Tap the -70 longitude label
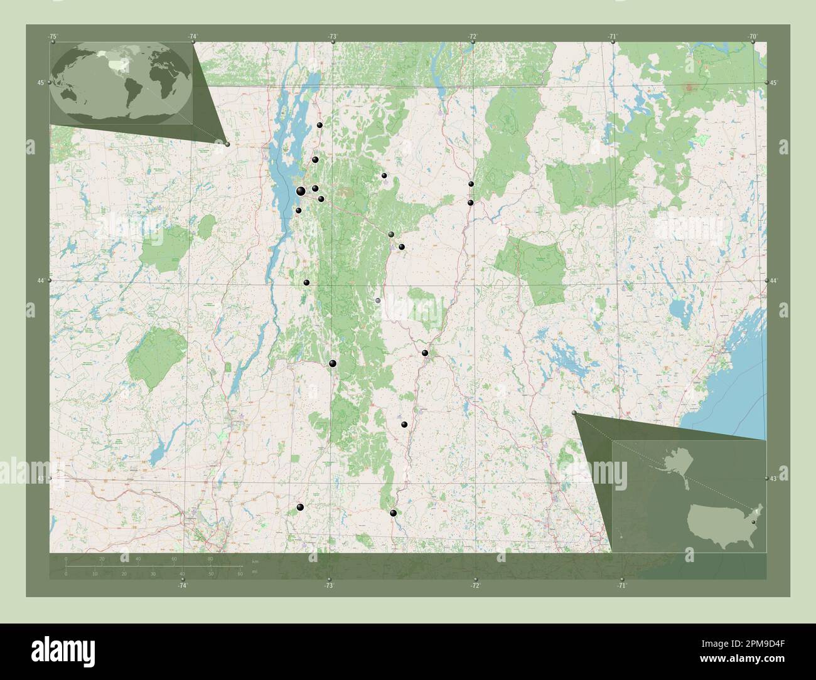pos(752,36)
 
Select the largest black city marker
pos(301,191)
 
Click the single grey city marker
pos(378,301)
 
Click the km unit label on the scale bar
pos(254,561)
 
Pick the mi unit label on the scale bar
pos(254,571)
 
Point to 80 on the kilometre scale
pos(210,558)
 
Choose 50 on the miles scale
pos(211,573)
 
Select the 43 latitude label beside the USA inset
pos(775,479)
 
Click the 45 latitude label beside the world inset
pos(40,83)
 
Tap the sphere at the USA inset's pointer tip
pos(574,413)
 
